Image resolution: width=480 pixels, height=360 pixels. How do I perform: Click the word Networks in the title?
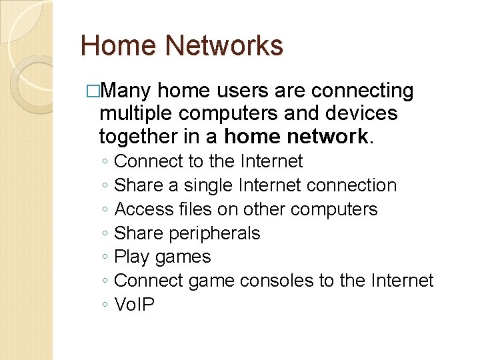[x=223, y=46]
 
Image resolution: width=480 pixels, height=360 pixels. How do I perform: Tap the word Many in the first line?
[x=129, y=91]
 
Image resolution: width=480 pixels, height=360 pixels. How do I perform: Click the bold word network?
[x=327, y=137]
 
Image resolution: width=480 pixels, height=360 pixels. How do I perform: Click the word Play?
[x=131, y=257]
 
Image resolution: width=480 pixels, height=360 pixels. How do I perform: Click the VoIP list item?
[x=134, y=305]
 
